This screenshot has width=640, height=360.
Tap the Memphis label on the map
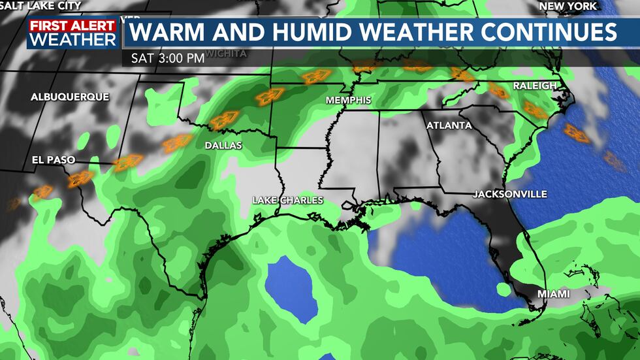(x=349, y=100)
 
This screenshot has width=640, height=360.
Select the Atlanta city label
(x=449, y=125)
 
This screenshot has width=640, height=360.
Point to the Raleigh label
(x=534, y=86)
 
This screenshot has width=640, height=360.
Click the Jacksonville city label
(x=510, y=194)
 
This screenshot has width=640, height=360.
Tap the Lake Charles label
(x=288, y=200)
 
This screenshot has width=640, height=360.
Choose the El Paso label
(x=54, y=159)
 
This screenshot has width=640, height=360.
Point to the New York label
(x=567, y=6)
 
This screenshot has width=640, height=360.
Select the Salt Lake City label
(x=41, y=6)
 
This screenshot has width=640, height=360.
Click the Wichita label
(x=226, y=53)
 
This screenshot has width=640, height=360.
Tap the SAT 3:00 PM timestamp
(x=168, y=57)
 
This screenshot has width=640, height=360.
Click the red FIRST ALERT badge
(x=72, y=25)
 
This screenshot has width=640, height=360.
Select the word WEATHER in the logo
(x=73, y=40)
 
